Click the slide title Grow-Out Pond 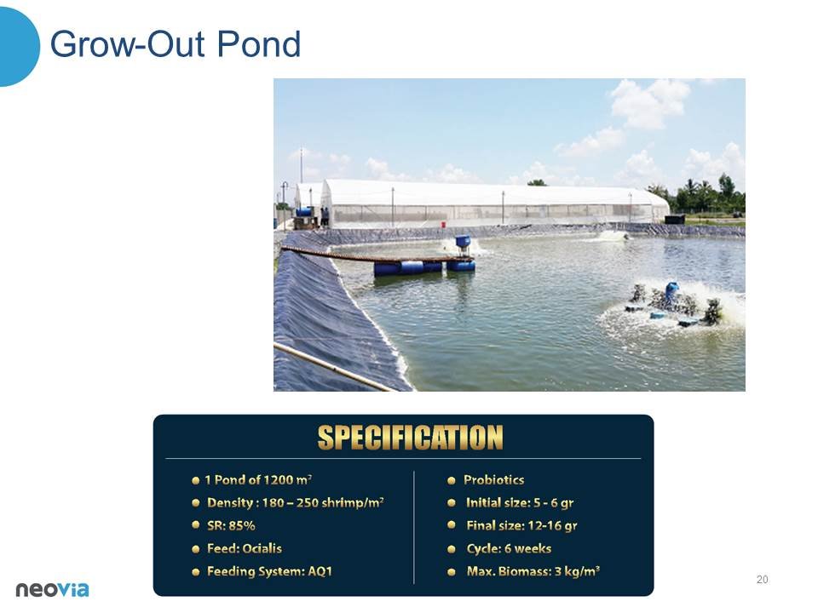tap(176, 44)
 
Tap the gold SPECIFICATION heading tap(410, 438)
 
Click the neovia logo tap(52, 589)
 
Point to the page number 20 tap(762, 580)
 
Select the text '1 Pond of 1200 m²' tap(258, 480)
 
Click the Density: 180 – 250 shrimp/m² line tap(296, 503)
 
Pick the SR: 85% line tap(231, 525)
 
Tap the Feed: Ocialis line tap(245, 548)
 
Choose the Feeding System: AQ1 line tap(270, 572)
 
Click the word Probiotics tap(493, 480)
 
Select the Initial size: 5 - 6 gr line tap(520, 503)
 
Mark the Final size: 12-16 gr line tap(521, 526)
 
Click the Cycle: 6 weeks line tap(509, 548)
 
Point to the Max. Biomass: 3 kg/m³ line tap(533, 571)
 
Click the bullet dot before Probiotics tap(452, 480)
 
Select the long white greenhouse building tap(493, 203)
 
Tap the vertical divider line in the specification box tap(414, 528)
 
